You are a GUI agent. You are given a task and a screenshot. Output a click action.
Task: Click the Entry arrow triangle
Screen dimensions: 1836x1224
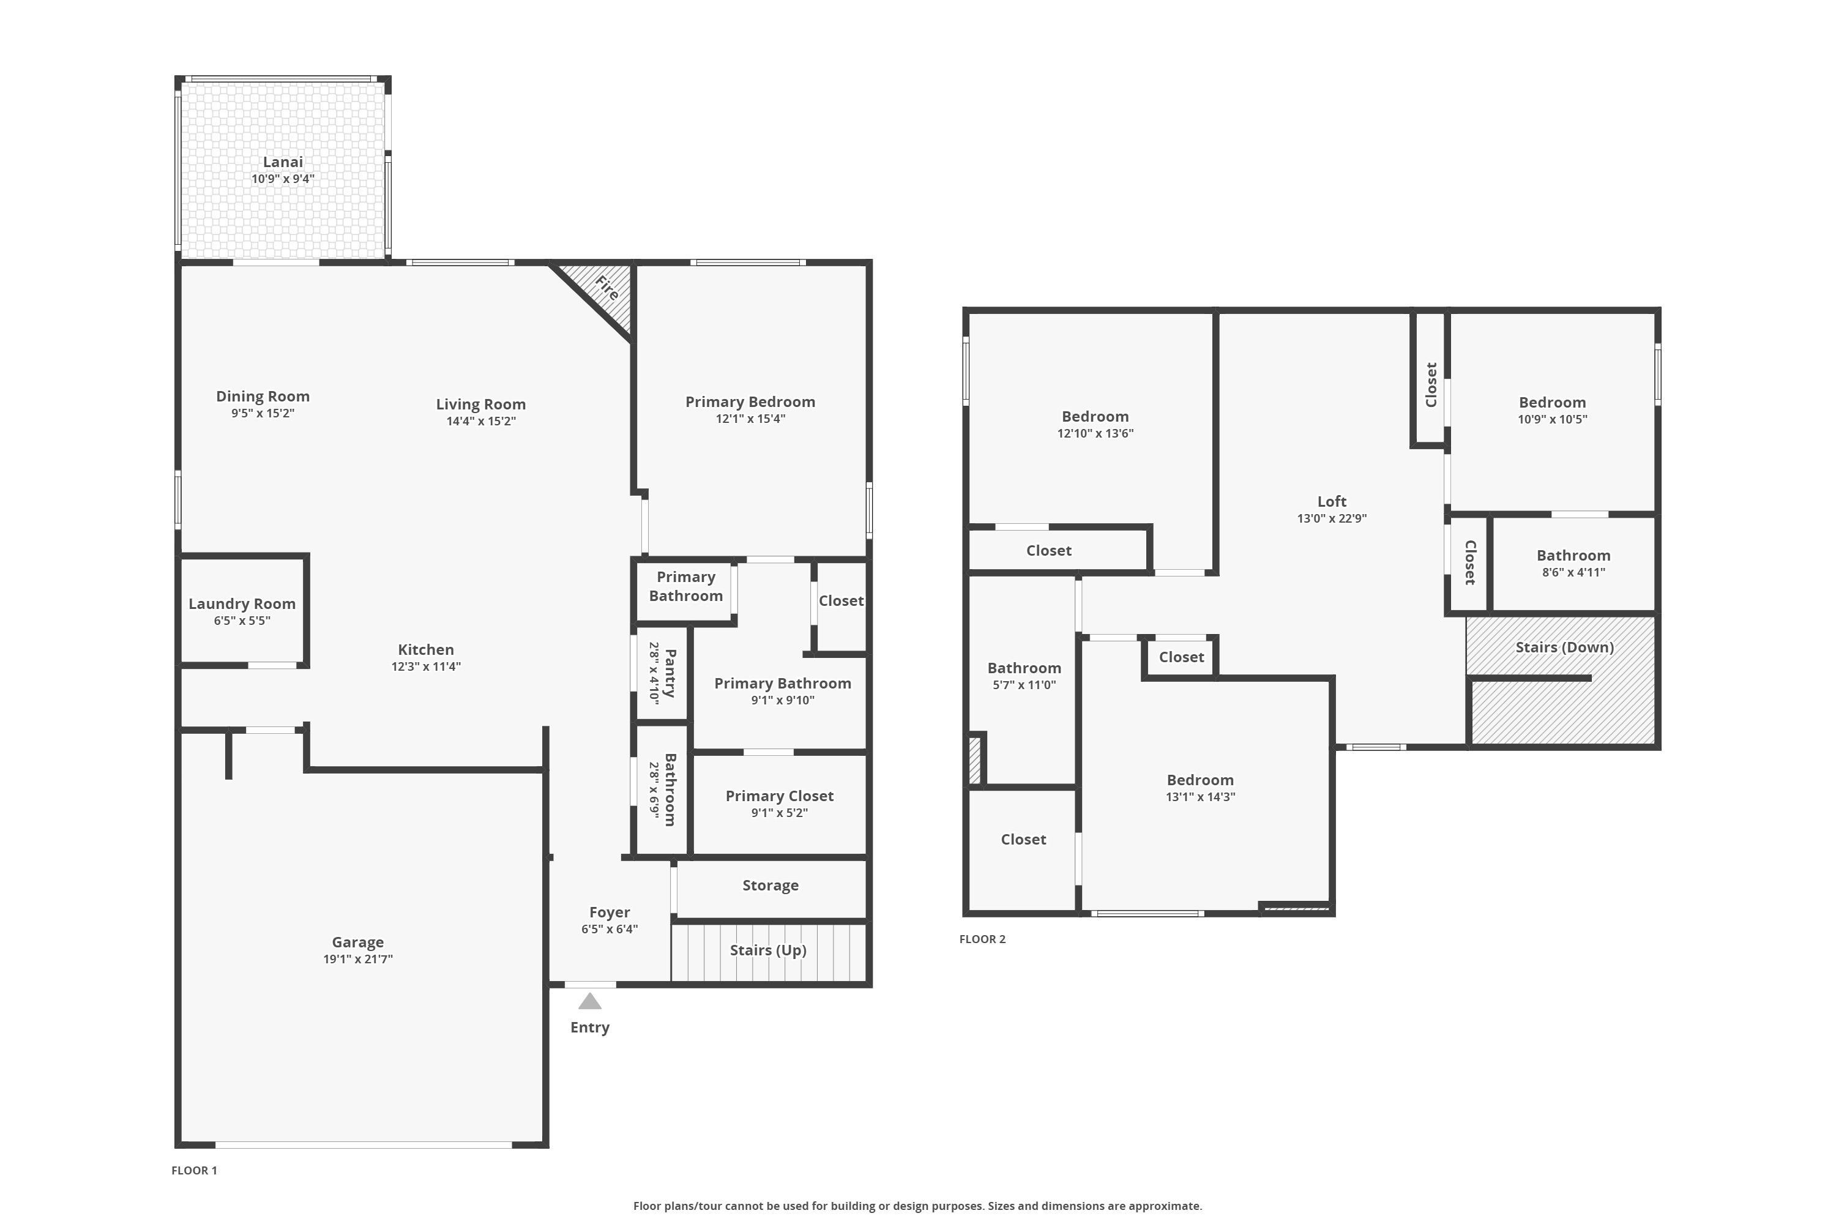coord(589,1001)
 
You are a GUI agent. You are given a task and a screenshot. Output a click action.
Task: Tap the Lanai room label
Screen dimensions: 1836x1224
coord(283,162)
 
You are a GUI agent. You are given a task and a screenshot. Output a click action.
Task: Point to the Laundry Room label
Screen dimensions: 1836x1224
coord(242,603)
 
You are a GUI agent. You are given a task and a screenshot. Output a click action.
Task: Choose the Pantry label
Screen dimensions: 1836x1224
coord(670,672)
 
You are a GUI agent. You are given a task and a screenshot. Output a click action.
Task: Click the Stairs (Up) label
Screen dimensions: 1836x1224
coord(768,950)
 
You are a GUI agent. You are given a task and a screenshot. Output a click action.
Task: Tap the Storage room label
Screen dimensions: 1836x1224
coord(771,885)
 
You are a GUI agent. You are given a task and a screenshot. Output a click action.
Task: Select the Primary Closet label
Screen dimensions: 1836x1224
coord(780,796)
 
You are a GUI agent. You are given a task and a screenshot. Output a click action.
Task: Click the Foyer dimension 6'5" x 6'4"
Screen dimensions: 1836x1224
coord(610,929)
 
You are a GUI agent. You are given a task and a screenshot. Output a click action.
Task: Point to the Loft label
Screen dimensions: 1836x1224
coord(1332,501)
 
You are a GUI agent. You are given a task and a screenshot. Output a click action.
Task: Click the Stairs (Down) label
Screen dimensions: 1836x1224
coord(1564,647)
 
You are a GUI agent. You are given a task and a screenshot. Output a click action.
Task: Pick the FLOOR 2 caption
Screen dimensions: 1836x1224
coord(982,939)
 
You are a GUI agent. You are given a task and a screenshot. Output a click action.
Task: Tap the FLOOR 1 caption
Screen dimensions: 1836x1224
coord(195,1170)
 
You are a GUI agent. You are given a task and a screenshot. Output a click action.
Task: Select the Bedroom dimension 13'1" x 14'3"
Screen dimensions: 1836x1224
coord(1201,796)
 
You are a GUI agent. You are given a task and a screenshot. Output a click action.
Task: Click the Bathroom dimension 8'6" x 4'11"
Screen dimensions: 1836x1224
coord(1573,572)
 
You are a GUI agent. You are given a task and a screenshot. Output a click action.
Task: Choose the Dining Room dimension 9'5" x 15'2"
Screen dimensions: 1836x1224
coord(263,413)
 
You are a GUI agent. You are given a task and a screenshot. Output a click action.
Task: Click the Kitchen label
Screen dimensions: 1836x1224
coord(426,649)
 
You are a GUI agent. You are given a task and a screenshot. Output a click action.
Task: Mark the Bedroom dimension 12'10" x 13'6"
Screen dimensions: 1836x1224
coord(1095,433)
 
